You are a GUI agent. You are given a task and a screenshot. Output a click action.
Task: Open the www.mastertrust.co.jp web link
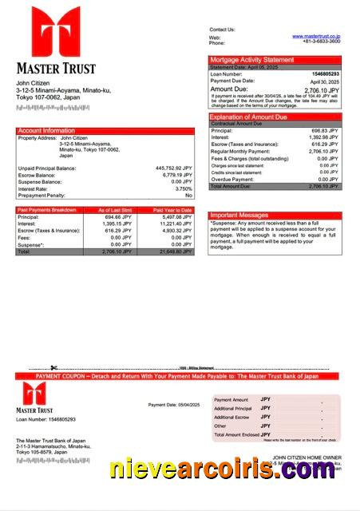(x=316, y=36)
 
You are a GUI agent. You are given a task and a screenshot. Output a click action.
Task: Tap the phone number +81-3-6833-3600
(x=322, y=42)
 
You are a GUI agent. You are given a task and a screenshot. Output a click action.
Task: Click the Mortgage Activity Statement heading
(x=251, y=60)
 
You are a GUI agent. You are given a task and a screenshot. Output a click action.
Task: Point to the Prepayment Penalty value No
(x=188, y=195)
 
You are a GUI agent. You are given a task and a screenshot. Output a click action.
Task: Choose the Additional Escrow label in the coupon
(x=232, y=418)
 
